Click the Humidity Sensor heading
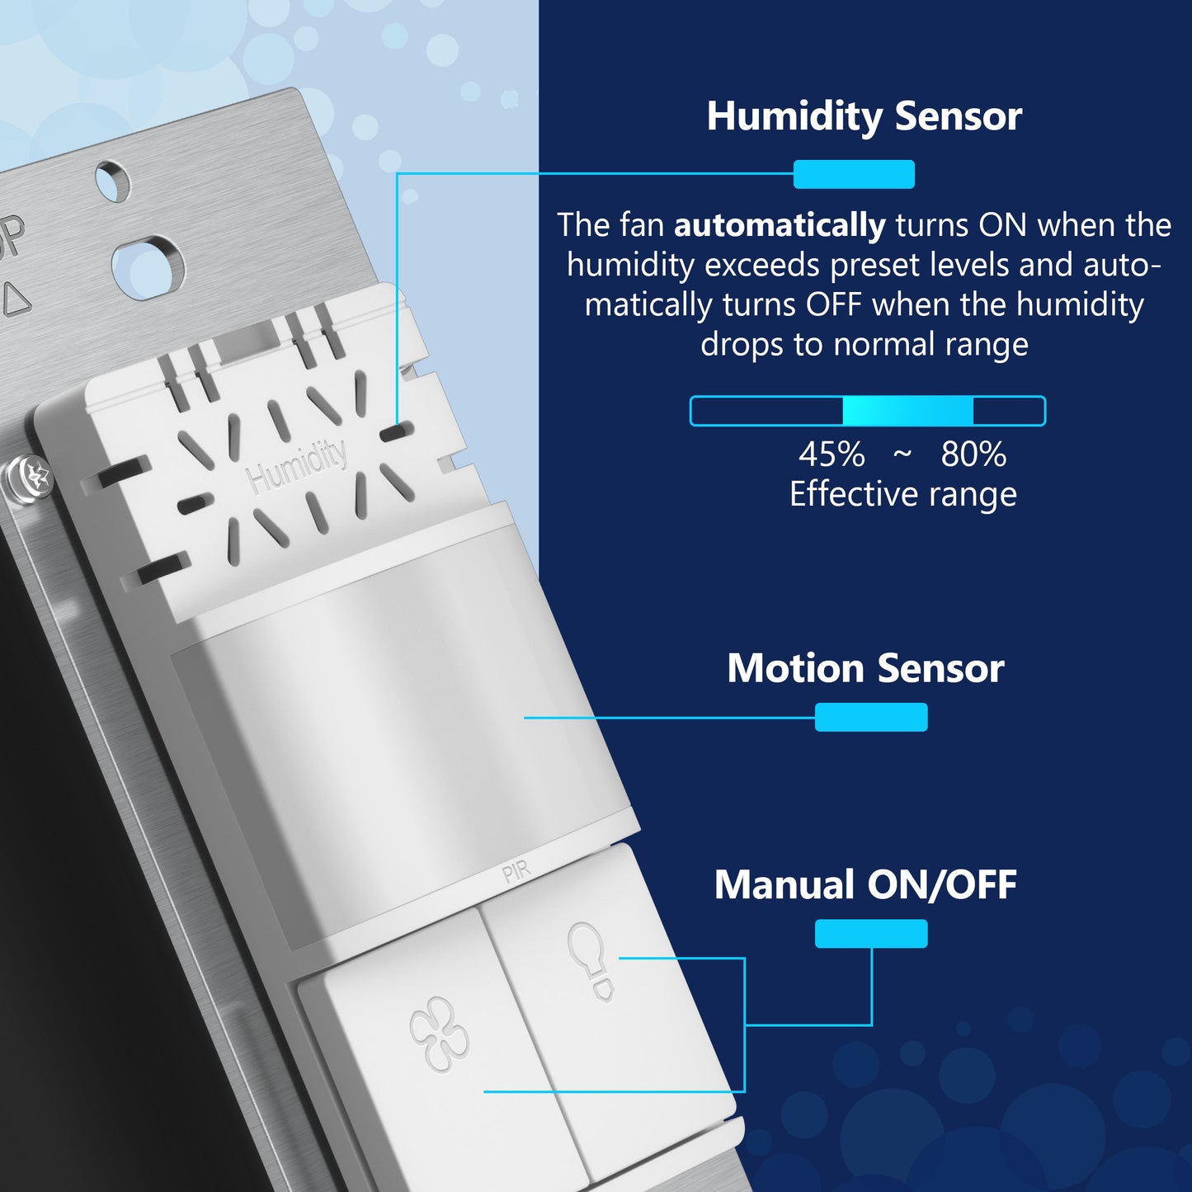[865, 117]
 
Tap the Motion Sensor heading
[865, 669]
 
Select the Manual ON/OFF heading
[865, 885]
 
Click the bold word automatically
[780, 226]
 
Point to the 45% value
[832, 455]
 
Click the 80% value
[973, 455]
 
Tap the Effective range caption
[903, 495]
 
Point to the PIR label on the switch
[516, 873]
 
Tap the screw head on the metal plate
[29, 478]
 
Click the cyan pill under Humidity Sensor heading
[854, 174]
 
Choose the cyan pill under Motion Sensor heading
[871, 718]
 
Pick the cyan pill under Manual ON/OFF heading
[871, 934]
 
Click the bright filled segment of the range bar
[908, 411]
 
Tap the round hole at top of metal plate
[112, 181]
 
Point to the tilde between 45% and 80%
[902, 455]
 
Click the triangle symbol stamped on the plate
[16, 299]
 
